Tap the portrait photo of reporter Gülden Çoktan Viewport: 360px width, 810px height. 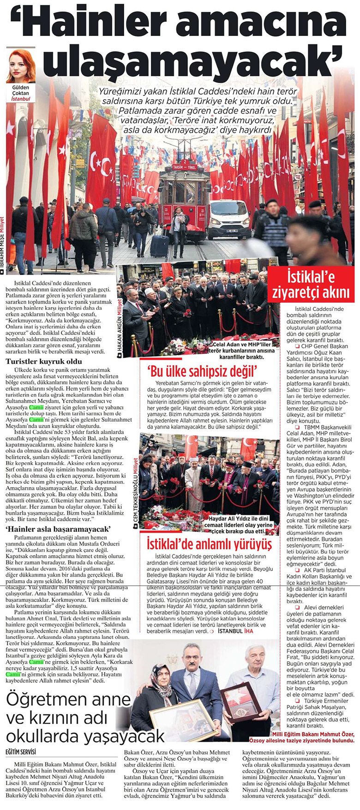(x=21, y=65)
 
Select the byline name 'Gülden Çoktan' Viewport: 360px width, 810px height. (x=20, y=90)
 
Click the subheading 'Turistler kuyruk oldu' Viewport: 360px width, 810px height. (x=44, y=361)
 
